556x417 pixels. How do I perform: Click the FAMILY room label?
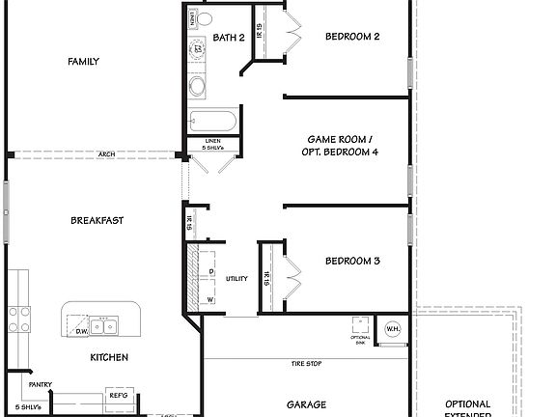(x=83, y=62)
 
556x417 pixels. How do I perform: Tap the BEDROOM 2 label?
(x=351, y=38)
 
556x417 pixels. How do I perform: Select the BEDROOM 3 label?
(x=351, y=261)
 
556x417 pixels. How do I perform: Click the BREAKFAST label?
(x=97, y=220)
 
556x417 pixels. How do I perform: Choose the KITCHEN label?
(x=109, y=357)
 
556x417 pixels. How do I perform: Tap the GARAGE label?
(x=306, y=404)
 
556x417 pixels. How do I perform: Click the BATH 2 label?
(x=229, y=38)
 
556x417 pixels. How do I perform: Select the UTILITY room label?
(x=236, y=279)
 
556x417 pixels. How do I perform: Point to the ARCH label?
(x=108, y=153)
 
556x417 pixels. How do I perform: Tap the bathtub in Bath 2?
(x=212, y=123)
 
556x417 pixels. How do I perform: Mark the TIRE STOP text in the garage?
(x=307, y=364)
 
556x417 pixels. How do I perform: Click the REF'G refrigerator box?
(x=118, y=395)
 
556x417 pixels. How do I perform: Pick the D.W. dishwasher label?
(x=82, y=331)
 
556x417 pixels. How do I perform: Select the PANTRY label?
(x=40, y=384)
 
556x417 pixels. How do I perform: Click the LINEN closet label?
(x=213, y=141)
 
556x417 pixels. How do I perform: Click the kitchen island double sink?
(x=106, y=326)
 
